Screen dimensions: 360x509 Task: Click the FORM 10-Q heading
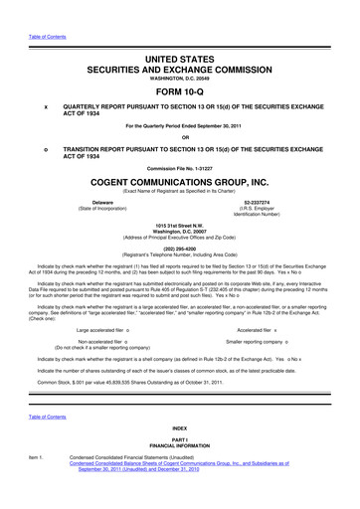180,86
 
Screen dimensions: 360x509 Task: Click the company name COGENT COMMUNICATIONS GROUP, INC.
180,183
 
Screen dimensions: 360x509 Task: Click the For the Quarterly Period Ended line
180,125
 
